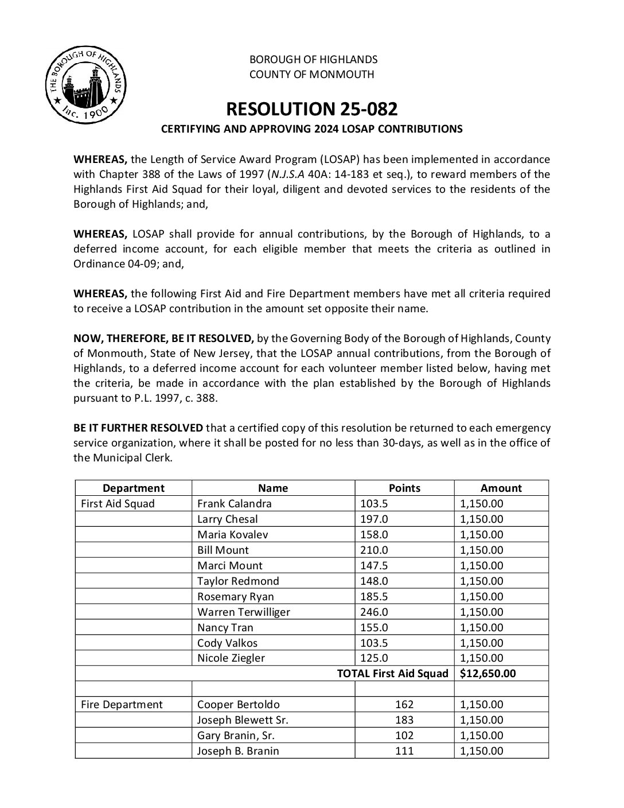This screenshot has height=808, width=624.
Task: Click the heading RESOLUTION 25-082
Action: click(311, 108)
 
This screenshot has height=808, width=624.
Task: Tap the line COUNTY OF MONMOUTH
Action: click(311, 74)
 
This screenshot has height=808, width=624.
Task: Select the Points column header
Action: click(404, 488)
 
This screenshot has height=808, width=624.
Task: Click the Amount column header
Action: click(501, 488)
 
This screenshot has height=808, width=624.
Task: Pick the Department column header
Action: click(133, 488)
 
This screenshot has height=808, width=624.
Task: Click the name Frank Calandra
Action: click(235, 504)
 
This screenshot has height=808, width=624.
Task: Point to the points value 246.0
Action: click(374, 612)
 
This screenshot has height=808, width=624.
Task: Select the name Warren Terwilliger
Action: click(244, 612)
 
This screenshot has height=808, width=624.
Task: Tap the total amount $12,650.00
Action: click(487, 674)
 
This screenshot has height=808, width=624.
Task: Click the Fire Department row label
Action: click(122, 705)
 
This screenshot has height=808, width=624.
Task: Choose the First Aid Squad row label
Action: click(118, 504)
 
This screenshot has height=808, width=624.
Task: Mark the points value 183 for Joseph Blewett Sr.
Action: click(404, 720)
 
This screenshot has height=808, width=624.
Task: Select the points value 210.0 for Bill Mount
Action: click(374, 550)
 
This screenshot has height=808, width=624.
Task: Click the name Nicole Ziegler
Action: click(231, 658)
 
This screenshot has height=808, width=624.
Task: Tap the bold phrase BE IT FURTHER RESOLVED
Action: click(138, 428)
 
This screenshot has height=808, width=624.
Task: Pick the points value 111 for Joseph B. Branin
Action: click(404, 751)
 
